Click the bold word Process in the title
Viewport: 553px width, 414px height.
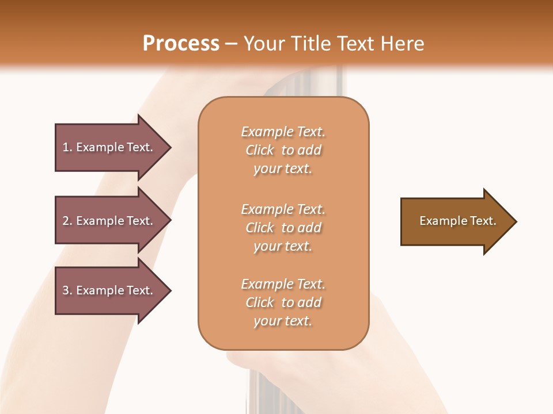(x=181, y=44)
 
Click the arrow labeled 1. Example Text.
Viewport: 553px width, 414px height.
(x=109, y=147)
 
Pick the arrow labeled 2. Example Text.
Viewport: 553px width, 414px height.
(x=109, y=221)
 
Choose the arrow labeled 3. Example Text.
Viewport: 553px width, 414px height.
(x=109, y=290)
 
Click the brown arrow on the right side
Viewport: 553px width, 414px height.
(x=455, y=221)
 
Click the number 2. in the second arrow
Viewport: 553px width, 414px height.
(x=67, y=221)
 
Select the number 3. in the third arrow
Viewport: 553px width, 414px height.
(x=67, y=290)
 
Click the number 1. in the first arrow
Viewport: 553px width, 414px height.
(x=67, y=147)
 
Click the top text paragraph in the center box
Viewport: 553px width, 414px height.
(x=283, y=150)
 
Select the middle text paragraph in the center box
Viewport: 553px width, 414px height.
(x=283, y=228)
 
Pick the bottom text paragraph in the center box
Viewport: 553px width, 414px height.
(x=283, y=302)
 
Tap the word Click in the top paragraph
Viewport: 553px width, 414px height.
(x=260, y=150)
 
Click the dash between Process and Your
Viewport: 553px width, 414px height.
(x=232, y=44)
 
